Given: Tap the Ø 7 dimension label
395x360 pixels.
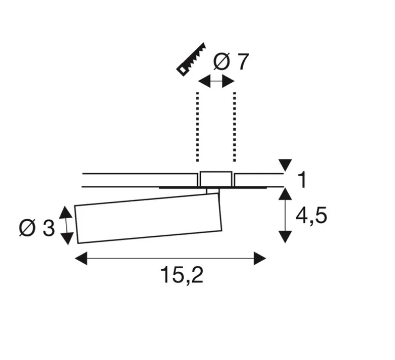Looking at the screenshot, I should point(230,63).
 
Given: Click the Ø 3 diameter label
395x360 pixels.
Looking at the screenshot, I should point(37,228).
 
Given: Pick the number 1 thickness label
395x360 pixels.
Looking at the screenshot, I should point(302,181).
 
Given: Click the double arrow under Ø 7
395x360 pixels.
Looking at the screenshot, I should point(216,81).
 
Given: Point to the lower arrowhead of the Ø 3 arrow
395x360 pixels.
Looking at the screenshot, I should point(66,237).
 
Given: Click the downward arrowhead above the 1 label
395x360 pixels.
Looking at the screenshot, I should point(286,165).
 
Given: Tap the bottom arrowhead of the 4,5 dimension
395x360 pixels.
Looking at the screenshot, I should point(286,236).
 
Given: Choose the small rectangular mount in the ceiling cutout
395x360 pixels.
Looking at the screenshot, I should point(216,179).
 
